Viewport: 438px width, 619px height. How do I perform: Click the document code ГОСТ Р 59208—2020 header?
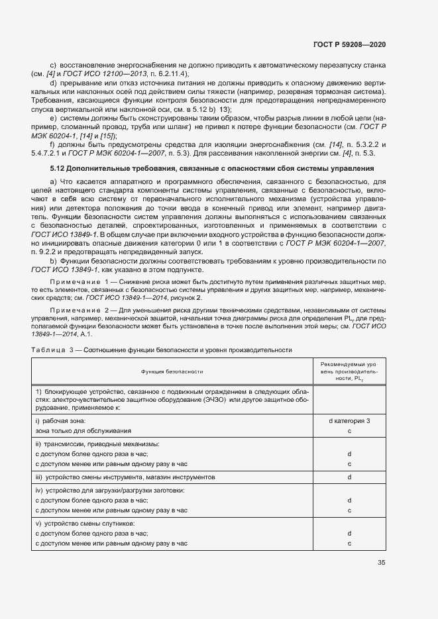tap(349, 45)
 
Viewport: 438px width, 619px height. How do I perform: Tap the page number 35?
tap(381, 563)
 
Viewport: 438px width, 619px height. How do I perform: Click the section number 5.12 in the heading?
tap(59, 169)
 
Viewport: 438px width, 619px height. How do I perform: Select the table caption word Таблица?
tap(49, 349)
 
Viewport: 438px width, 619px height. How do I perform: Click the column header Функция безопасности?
tap(172, 373)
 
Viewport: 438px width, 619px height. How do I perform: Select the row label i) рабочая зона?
tap(62, 421)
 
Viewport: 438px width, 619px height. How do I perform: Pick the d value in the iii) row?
tap(349, 477)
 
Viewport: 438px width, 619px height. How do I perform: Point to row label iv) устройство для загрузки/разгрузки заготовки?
tap(110, 491)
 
